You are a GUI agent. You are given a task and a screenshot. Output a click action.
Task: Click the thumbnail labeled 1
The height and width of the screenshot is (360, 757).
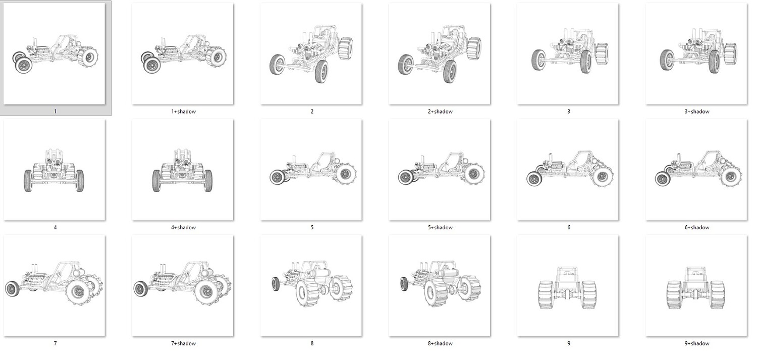(54, 54)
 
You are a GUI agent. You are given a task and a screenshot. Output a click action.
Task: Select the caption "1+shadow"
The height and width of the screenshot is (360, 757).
(184, 112)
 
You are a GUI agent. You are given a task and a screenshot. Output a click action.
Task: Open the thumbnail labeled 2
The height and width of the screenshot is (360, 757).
(311, 54)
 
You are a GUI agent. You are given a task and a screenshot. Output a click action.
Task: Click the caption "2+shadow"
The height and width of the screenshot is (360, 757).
(440, 112)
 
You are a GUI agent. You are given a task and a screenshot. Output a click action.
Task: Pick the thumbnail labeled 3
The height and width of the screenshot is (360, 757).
(568, 54)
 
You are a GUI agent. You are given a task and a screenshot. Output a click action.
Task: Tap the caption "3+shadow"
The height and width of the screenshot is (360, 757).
(697, 112)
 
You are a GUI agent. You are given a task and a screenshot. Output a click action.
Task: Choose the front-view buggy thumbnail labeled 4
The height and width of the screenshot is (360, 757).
(54, 170)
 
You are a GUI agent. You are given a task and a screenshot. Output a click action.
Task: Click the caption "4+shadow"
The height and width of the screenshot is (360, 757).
(184, 228)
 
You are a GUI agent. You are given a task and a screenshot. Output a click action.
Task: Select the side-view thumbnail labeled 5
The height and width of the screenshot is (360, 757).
(311, 170)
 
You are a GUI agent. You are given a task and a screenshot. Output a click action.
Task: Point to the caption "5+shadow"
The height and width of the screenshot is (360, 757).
(440, 228)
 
